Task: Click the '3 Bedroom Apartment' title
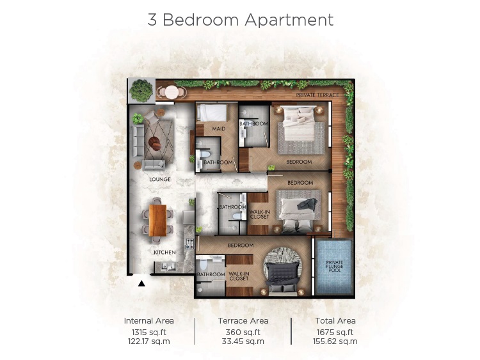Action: pyautogui.click(x=240, y=20)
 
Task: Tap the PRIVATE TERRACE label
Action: pyautogui.click(x=317, y=95)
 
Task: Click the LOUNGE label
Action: pyautogui.click(x=159, y=180)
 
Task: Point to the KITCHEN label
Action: pyautogui.click(x=164, y=253)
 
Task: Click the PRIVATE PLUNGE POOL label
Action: pyautogui.click(x=334, y=267)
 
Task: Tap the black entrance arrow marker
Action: pyautogui.click(x=142, y=281)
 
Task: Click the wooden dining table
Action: pyautogui.click(x=157, y=219)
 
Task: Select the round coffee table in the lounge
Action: pyautogui.click(x=156, y=142)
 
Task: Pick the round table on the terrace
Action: pyautogui.click(x=171, y=92)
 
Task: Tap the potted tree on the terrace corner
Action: pyautogui.click(x=140, y=90)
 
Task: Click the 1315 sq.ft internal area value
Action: pyautogui.click(x=148, y=332)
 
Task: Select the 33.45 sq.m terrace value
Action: pyautogui.click(x=243, y=341)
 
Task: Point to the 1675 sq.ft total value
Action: pyautogui.click(x=335, y=332)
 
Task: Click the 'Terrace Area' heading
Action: pyautogui.click(x=243, y=320)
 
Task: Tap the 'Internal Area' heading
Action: pyautogui.click(x=148, y=320)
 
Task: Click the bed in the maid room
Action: pyautogui.click(x=211, y=113)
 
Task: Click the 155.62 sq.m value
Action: pyautogui.click(x=335, y=341)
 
